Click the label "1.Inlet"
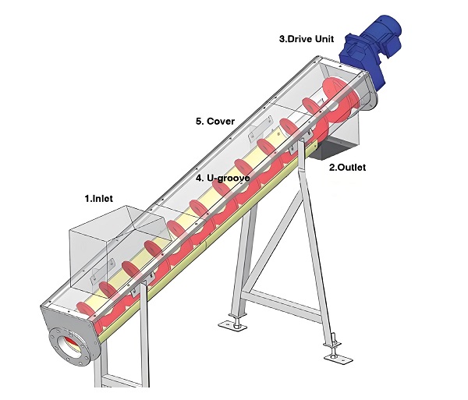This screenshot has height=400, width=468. (98, 199)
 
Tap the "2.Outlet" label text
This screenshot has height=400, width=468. (347, 167)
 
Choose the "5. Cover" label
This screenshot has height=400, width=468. (215, 121)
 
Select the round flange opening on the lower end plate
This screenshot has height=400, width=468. (69, 347)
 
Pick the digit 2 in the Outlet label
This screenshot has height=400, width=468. (331, 167)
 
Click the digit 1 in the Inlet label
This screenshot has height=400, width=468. (87, 199)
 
